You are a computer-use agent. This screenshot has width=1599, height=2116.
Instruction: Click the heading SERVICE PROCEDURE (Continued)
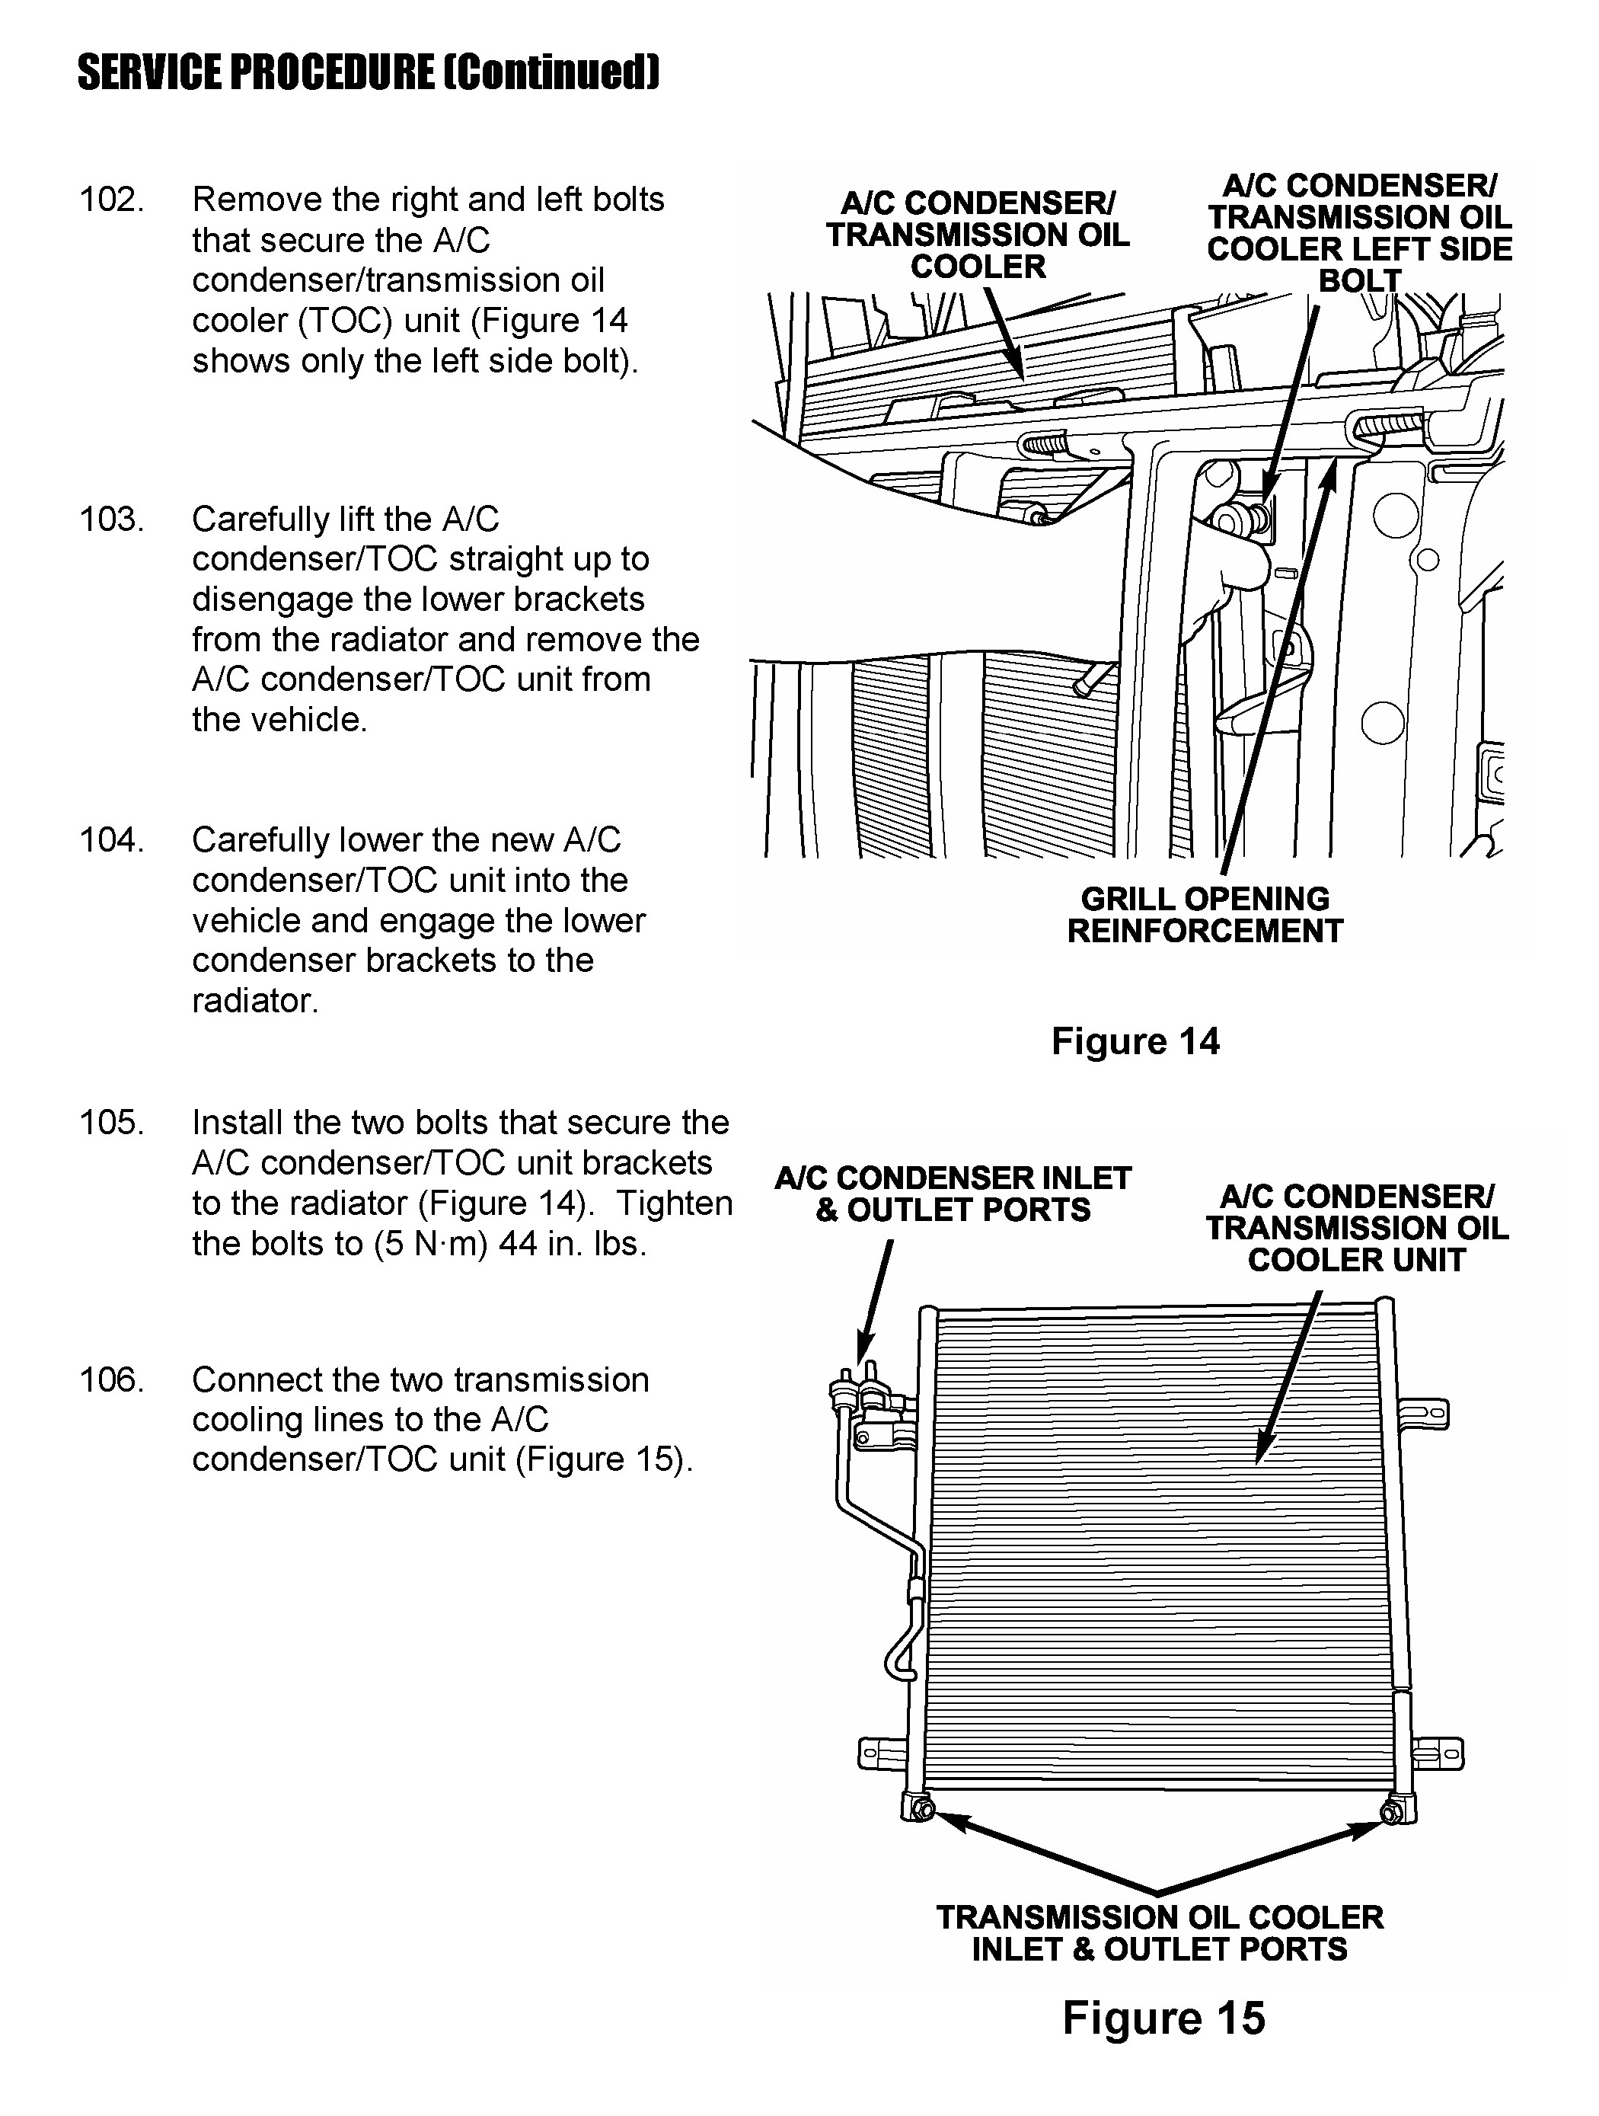coord(369,72)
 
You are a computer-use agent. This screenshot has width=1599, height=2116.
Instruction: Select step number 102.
coord(111,200)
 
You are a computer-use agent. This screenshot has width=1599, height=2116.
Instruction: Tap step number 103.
coord(111,519)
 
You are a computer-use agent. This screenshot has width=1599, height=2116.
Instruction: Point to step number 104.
coord(111,840)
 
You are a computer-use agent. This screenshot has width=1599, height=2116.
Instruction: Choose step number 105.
coord(111,1122)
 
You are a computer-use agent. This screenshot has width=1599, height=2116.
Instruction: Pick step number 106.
coord(111,1379)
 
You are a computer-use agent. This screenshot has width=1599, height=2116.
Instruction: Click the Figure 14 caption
coord(1135,1040)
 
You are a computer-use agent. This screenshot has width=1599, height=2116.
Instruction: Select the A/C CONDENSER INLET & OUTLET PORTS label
coord(953,1194)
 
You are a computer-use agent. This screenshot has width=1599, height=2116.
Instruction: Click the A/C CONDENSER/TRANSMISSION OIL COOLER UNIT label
coord(1356,1229)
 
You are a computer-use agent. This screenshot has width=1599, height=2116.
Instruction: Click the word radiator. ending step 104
coord(255,1001)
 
